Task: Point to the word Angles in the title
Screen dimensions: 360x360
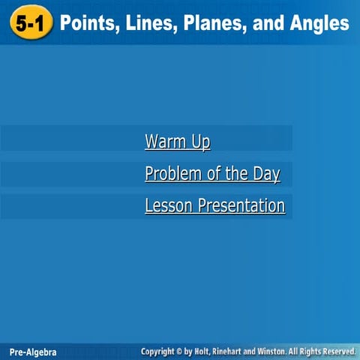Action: [x=317, y=24]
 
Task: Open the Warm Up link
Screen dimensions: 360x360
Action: [x=178, y=142]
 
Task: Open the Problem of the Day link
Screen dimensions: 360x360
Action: [x=212, y=174]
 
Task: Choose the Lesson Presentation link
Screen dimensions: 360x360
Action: [x=215, y=205]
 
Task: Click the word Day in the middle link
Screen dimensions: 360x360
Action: [x=265, y=174]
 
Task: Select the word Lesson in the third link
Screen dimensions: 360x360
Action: [x=169, y=205]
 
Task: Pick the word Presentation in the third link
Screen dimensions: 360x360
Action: [x=241, y=205]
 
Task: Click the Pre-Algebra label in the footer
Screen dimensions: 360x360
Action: [x=33, y=352]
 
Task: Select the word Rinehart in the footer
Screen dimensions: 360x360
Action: [x=242, y=351]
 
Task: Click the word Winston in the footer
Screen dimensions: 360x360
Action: [x=287, y=351]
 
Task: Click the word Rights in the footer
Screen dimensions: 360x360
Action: [x=314, y=351]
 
